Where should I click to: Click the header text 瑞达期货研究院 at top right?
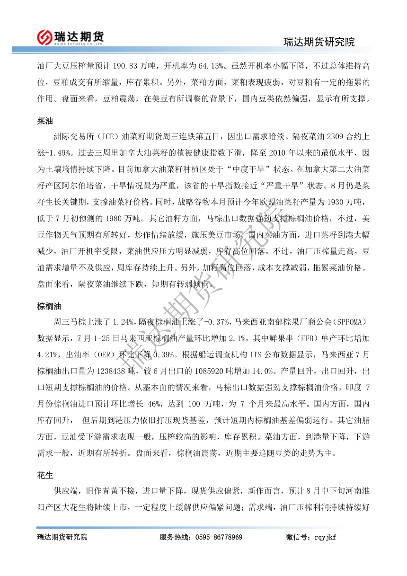point(319,42)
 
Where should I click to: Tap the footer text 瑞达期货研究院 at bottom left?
point(62,537)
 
